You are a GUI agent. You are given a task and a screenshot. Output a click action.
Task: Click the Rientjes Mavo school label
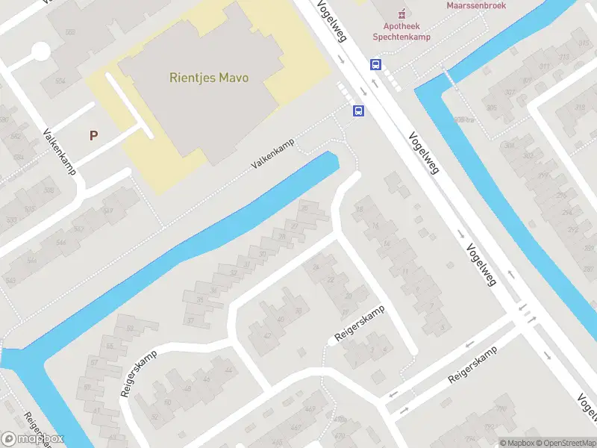coord(208,77)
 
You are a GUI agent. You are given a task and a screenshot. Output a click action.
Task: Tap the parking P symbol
coord(93,135)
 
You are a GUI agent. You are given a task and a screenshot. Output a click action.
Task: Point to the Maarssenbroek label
coord(476,5)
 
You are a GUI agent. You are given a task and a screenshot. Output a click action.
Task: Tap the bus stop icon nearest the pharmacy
coord(375,64)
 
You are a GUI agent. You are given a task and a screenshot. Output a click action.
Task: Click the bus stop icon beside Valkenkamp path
coord(359,111)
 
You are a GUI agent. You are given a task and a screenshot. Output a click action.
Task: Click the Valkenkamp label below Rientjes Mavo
coord(272,152)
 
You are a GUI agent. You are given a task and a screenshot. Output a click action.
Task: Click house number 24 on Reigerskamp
coord(317,267)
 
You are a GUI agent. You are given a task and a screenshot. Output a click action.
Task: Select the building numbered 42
coord(268,335)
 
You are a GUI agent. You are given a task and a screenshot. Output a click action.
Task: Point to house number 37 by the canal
coord(190,321)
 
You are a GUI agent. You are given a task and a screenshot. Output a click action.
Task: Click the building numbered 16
coord(375,225)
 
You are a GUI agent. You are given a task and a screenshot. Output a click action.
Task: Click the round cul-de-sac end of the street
coord(40,52)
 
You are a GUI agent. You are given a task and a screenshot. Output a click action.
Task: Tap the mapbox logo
coord(33,439)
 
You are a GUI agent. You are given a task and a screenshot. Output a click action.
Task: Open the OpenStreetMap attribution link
coord(563,443)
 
